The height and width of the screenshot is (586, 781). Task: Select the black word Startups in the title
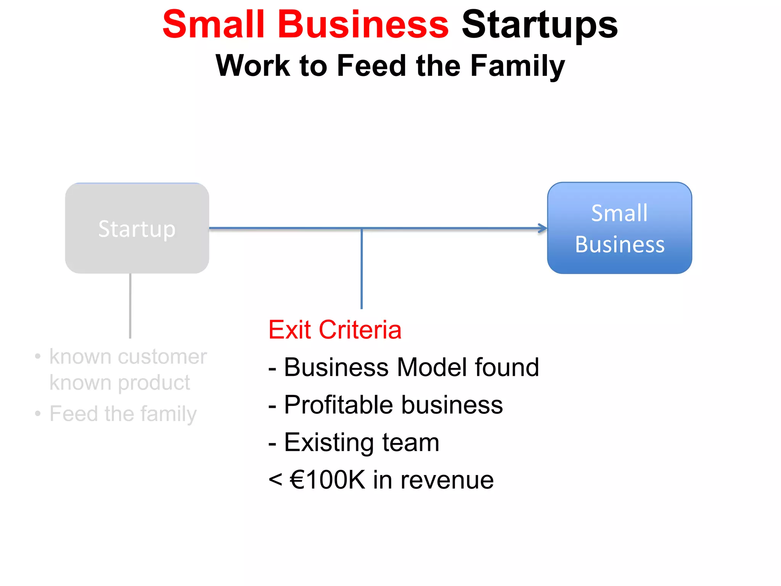click(x=539, y=25)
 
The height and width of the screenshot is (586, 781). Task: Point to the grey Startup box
click(x=137, y=228)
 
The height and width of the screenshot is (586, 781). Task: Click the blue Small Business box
click(x=619, y=228)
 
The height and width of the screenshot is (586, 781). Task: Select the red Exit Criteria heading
click(x=335, y=330)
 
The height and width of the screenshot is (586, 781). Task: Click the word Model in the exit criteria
click(x=432, y=367)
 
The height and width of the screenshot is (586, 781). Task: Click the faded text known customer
click(x=128, y=357)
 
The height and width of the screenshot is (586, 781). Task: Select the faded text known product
click(x=120, y=383)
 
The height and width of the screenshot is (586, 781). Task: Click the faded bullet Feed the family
click(x=123, y=414)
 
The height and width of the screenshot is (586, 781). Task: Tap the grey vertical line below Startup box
click(x=130, y=305)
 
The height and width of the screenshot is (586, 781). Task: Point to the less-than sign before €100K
click(x=275, y=480)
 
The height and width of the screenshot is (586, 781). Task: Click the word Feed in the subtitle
click(x=372, y=66)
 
